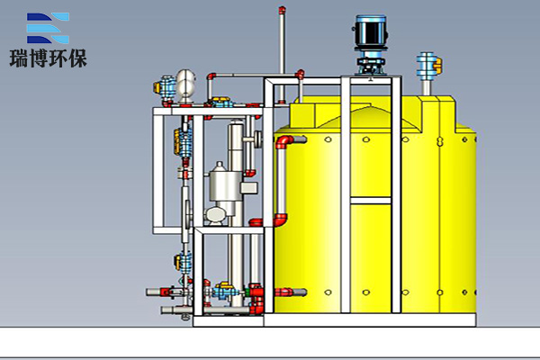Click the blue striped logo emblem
[48, 28]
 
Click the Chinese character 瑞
[19, 58]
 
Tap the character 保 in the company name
[77, 58]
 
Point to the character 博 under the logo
[38, 58]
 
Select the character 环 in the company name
[58, 58]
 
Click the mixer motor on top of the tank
[371, 31]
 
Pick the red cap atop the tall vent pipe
[282, 10]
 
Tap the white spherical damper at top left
[185, 85]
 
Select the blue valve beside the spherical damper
[165, 88]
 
